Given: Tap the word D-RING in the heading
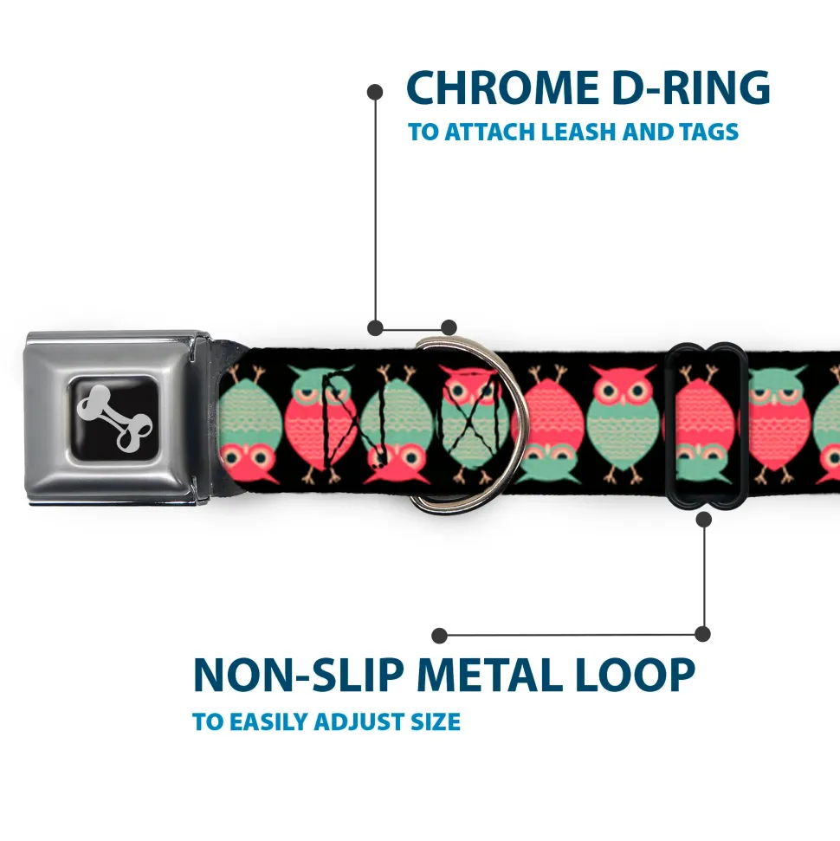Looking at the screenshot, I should (x=686, y=88).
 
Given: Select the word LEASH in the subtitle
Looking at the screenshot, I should (x=587, y=133).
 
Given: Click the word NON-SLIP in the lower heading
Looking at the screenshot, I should (x=298, y=676).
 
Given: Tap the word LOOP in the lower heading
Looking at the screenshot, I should (x=635, y=676).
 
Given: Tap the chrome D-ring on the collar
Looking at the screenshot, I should (x=459, y=424).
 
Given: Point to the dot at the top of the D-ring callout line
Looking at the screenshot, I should (x=375, y=91).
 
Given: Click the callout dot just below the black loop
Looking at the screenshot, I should (x=703, y=519).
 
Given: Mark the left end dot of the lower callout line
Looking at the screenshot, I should (x=440, y=635).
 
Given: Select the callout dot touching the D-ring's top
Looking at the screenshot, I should (x=449, y=327).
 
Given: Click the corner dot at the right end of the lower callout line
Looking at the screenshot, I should (x=703, y=634).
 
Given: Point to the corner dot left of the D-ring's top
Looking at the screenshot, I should (x=375, y=327).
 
